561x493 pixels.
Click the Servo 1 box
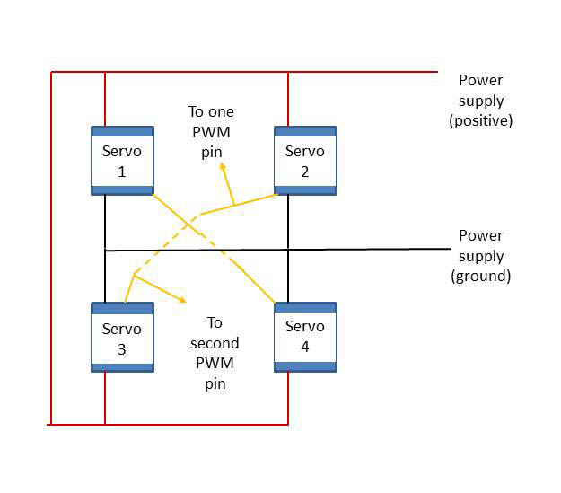[122, 160]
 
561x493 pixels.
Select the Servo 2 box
[305, 160]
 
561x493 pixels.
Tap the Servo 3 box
[122, 337]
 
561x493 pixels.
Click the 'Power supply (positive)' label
[480, 101]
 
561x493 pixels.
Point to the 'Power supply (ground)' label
[480, 256]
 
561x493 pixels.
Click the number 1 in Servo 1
[122, 172]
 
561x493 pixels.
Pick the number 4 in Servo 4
[305, 347]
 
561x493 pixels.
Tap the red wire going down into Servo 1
[105, 99]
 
